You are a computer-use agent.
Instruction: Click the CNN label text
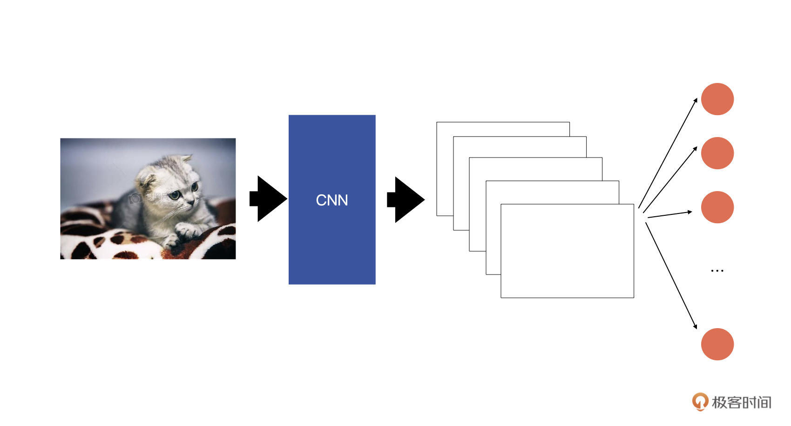coord(331,200)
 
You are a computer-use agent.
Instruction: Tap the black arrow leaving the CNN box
coord(406,199)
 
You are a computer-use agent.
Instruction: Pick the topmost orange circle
coord(717,99)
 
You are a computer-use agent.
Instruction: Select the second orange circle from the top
coord(717,153)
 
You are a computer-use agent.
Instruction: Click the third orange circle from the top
coord(717,207)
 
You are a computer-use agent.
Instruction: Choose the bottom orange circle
coord(717,344)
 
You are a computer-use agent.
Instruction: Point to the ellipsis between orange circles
coord(717,270)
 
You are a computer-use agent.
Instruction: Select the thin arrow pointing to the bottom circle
coord(671,276)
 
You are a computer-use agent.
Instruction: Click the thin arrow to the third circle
coord(669,214)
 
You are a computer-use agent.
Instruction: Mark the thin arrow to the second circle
coord(670,179)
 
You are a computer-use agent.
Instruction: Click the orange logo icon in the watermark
coord(699,401)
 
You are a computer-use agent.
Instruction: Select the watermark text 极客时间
coord(741,402)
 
